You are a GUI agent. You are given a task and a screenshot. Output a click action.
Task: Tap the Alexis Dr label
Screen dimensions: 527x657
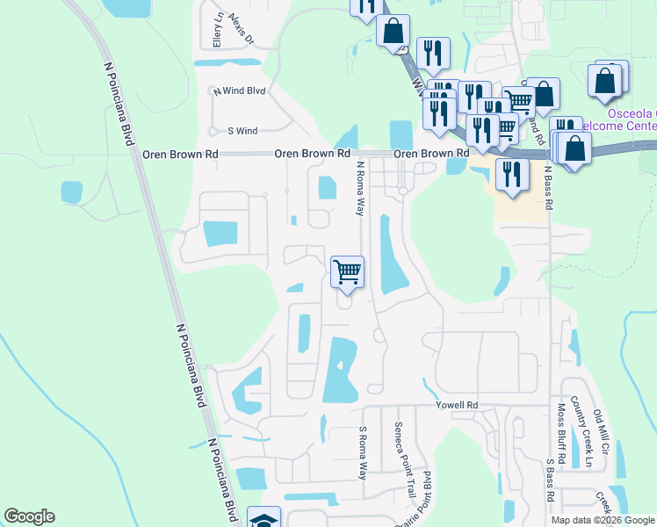click(x=240, y=29)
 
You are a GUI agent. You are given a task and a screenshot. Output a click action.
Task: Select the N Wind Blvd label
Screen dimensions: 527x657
click(x=238, y=90)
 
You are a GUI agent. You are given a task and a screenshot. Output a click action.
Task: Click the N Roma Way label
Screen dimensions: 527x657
click(x=359, y=188)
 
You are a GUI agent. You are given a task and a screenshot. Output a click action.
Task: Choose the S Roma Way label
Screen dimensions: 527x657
click(x=362, y=452)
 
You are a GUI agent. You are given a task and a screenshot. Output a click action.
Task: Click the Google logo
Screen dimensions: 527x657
click(x=29, y=516)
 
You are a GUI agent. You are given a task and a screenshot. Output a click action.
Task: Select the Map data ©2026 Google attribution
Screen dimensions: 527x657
click(x=603, y=520)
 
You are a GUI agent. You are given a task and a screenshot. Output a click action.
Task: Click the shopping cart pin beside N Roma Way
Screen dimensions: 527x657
click(x=347, y=272)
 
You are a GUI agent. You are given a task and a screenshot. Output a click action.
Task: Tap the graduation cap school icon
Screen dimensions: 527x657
click(x=264, y=518)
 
